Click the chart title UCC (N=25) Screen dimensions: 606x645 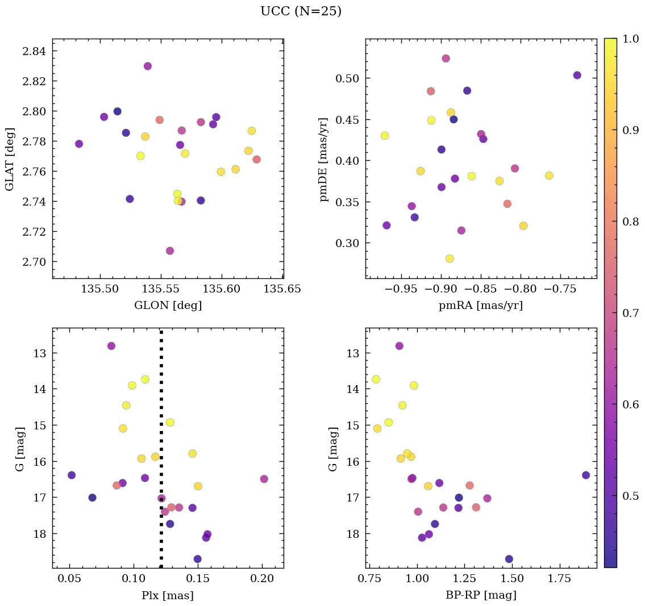pos(301,11)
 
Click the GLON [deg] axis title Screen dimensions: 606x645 pos(168,306)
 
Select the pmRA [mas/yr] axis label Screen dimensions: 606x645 pos(481,306)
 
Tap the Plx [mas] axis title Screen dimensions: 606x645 pos(168,595)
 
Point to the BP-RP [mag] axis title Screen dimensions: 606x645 pos(481,595)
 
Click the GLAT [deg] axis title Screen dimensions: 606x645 pos(10,158)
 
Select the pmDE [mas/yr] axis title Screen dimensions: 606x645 pos(323,160)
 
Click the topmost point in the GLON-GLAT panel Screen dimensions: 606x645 pos(148,66)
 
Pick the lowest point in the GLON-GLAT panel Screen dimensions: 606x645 pos(170,251)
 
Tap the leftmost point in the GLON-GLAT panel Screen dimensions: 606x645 pos(79,144)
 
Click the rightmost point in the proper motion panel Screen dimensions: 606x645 pos(577,76)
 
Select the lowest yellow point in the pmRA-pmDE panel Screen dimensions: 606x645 pos(450,258)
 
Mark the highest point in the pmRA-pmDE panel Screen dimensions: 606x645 pos(446,58)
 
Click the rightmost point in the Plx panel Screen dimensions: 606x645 pos(264,479)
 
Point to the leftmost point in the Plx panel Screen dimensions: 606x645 pos(72,475)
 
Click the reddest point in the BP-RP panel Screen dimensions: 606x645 pos(586,475)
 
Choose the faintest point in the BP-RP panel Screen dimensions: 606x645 pos(509,559)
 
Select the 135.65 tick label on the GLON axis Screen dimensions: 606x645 pos(283,289)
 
